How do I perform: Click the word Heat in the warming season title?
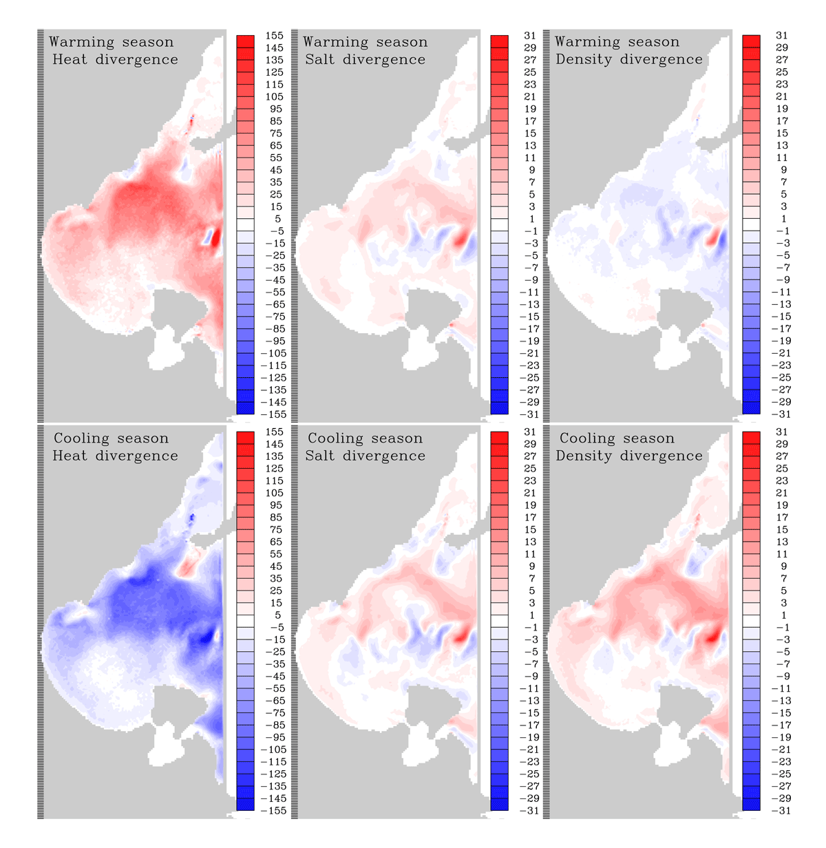point(70,59)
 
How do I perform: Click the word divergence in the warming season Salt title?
point(384,60)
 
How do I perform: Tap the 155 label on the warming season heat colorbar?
point(274,35)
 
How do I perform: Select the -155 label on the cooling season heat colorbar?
point(273,811)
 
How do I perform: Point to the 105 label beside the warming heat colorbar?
point(274,96)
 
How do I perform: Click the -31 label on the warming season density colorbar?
point(781,414)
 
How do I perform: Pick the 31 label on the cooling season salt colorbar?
point(529,432)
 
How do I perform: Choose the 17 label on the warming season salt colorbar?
point(529,120)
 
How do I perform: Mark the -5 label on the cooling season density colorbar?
point(781,652)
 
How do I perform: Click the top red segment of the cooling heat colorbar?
point(245,438)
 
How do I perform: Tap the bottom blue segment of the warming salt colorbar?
point(499,408)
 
